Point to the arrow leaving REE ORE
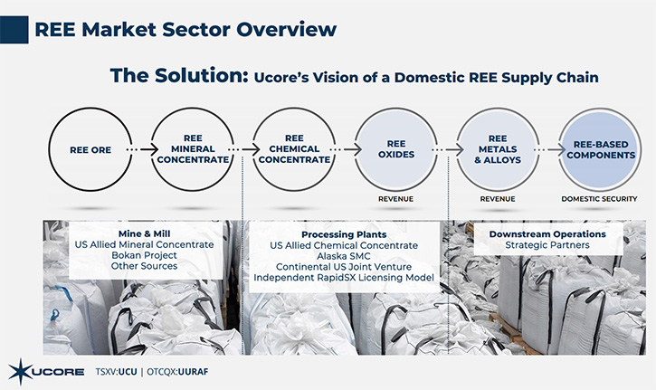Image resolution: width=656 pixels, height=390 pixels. pos(142,149)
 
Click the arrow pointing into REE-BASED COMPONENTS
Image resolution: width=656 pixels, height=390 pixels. pos(550,149)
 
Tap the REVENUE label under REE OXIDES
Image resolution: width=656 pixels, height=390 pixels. pos(395,199)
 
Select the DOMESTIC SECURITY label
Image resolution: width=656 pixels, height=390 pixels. pos(599,199)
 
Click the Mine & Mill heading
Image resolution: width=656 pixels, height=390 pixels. pos(145,234)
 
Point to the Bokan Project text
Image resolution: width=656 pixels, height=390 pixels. pos(145,255)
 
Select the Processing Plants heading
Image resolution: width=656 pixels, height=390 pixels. pos(344,234)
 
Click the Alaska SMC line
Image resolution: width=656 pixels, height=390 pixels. pos(344,256)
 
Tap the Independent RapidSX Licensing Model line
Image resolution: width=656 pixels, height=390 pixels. pos(344,278)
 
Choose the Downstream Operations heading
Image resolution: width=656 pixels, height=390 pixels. pos(547,234)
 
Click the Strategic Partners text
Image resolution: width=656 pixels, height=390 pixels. pos(547,245)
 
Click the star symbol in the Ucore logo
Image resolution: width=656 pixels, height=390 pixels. pos(19,371)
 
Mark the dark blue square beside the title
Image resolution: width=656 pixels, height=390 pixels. pos(14,30)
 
